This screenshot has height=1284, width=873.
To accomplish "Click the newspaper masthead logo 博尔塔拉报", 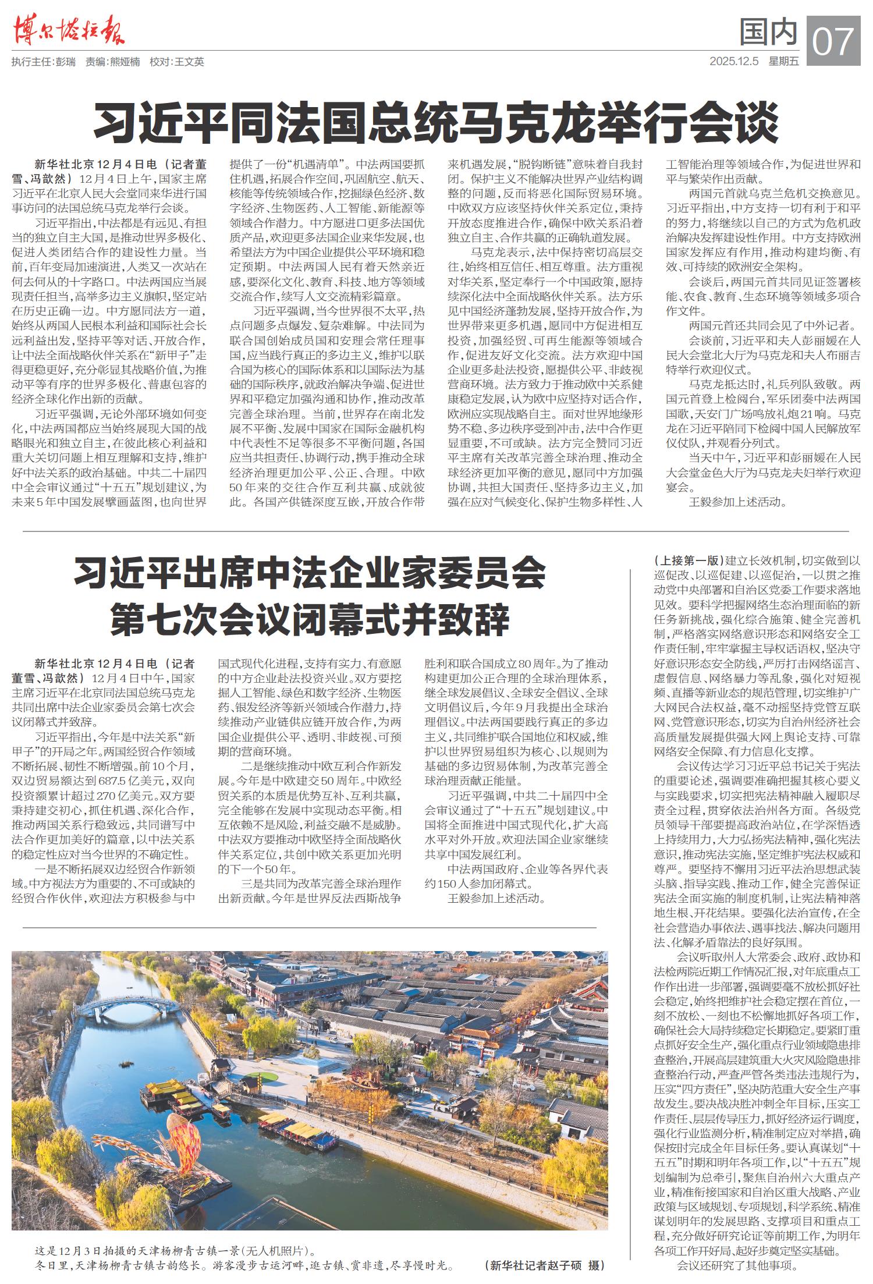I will [x=69, y=30].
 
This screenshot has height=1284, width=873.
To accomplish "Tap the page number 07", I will [x=833, y=40].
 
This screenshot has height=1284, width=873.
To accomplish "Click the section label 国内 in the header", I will [x=768, y=32].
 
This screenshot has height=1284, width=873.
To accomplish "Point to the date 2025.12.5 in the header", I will [x=734, y=61].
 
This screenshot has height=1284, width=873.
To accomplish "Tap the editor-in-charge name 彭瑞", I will [x=66, y=62].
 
